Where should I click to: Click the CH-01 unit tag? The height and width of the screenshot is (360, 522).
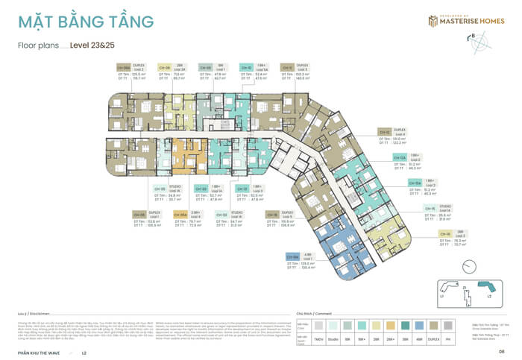(242, 189)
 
